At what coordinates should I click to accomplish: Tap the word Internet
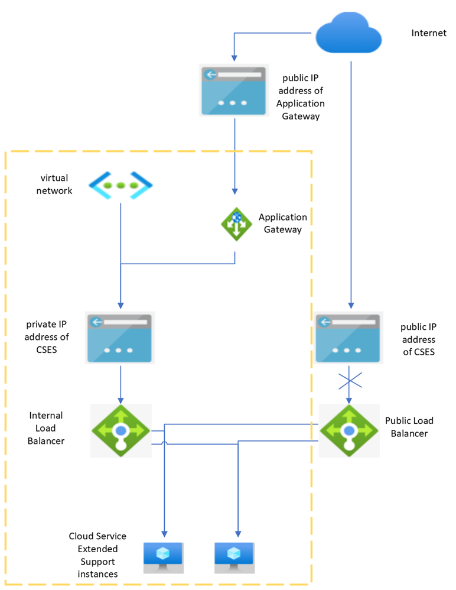tap(429, 33)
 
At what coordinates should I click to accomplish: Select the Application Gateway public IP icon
tap(234, 90)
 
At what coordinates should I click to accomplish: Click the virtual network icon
tap(121, 184)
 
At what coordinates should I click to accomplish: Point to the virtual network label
tap(54, 184)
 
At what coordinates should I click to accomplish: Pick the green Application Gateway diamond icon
tap(235, 223)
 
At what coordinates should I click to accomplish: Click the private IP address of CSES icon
tap(120, 338)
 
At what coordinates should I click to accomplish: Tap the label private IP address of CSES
tap(48, 337)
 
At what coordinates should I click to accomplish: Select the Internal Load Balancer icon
tap(121, 430)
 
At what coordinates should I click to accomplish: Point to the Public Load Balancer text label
tap(409, 427)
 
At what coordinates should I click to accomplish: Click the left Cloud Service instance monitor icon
tap(164, 557)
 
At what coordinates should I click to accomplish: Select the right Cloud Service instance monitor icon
tap(234, 557)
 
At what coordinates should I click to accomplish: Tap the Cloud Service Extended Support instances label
tap(97, 555)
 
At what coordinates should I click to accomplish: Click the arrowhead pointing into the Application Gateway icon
tap(235, 191)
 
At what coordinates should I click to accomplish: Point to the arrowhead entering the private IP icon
tap(120, 306)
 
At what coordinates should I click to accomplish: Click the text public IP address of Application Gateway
tap(301, 97)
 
